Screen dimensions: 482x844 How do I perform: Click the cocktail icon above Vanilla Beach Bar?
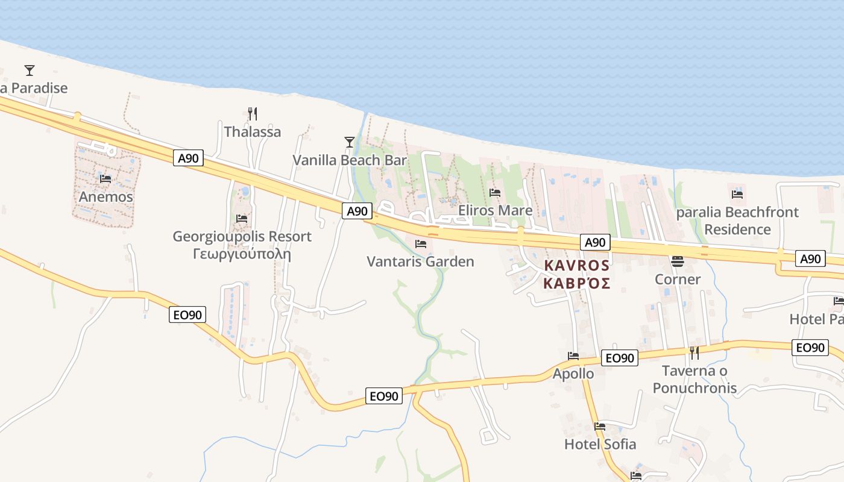coord(350,142)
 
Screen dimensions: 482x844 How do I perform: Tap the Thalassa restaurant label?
coord(253,131)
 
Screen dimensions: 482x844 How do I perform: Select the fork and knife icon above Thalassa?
coord(253,113)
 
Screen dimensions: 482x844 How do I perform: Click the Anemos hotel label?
coord(106,196)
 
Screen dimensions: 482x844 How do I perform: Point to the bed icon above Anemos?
coord(105,178)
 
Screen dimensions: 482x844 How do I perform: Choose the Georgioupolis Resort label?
coord(242,236)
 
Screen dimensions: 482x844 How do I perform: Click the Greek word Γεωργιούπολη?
coord(242,254)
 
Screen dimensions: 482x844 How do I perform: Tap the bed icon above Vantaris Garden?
coord(421,243)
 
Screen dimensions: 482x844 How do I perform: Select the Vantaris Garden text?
coord(421,261)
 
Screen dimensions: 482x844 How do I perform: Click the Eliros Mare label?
coord(496,210)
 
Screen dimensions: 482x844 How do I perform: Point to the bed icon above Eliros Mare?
coord(496,193)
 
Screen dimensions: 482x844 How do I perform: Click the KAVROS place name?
coord(577,265)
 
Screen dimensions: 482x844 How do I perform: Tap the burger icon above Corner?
coord(678,261)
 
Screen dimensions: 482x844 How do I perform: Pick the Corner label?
coord(678,280)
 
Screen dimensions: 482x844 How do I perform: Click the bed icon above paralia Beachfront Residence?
coord(737,194)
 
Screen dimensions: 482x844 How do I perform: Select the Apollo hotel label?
coord(573,374)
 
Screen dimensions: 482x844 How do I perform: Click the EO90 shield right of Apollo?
coord(620,358)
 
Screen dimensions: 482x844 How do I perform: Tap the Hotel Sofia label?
coord(600,444)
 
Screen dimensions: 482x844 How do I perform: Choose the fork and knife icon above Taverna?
coord(694,352)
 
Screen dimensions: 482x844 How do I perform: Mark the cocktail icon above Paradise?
coord(30,70)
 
